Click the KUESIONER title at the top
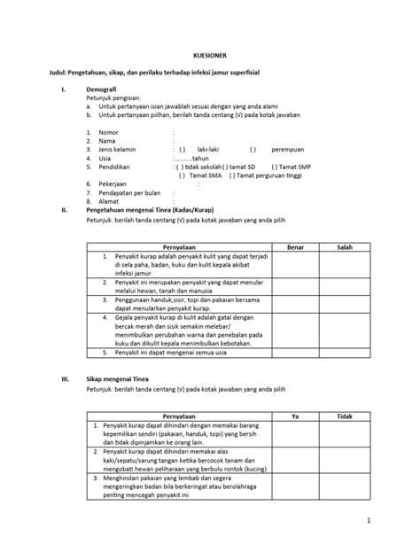click(x=210, y=53)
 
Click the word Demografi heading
click(x=104, y=90)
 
